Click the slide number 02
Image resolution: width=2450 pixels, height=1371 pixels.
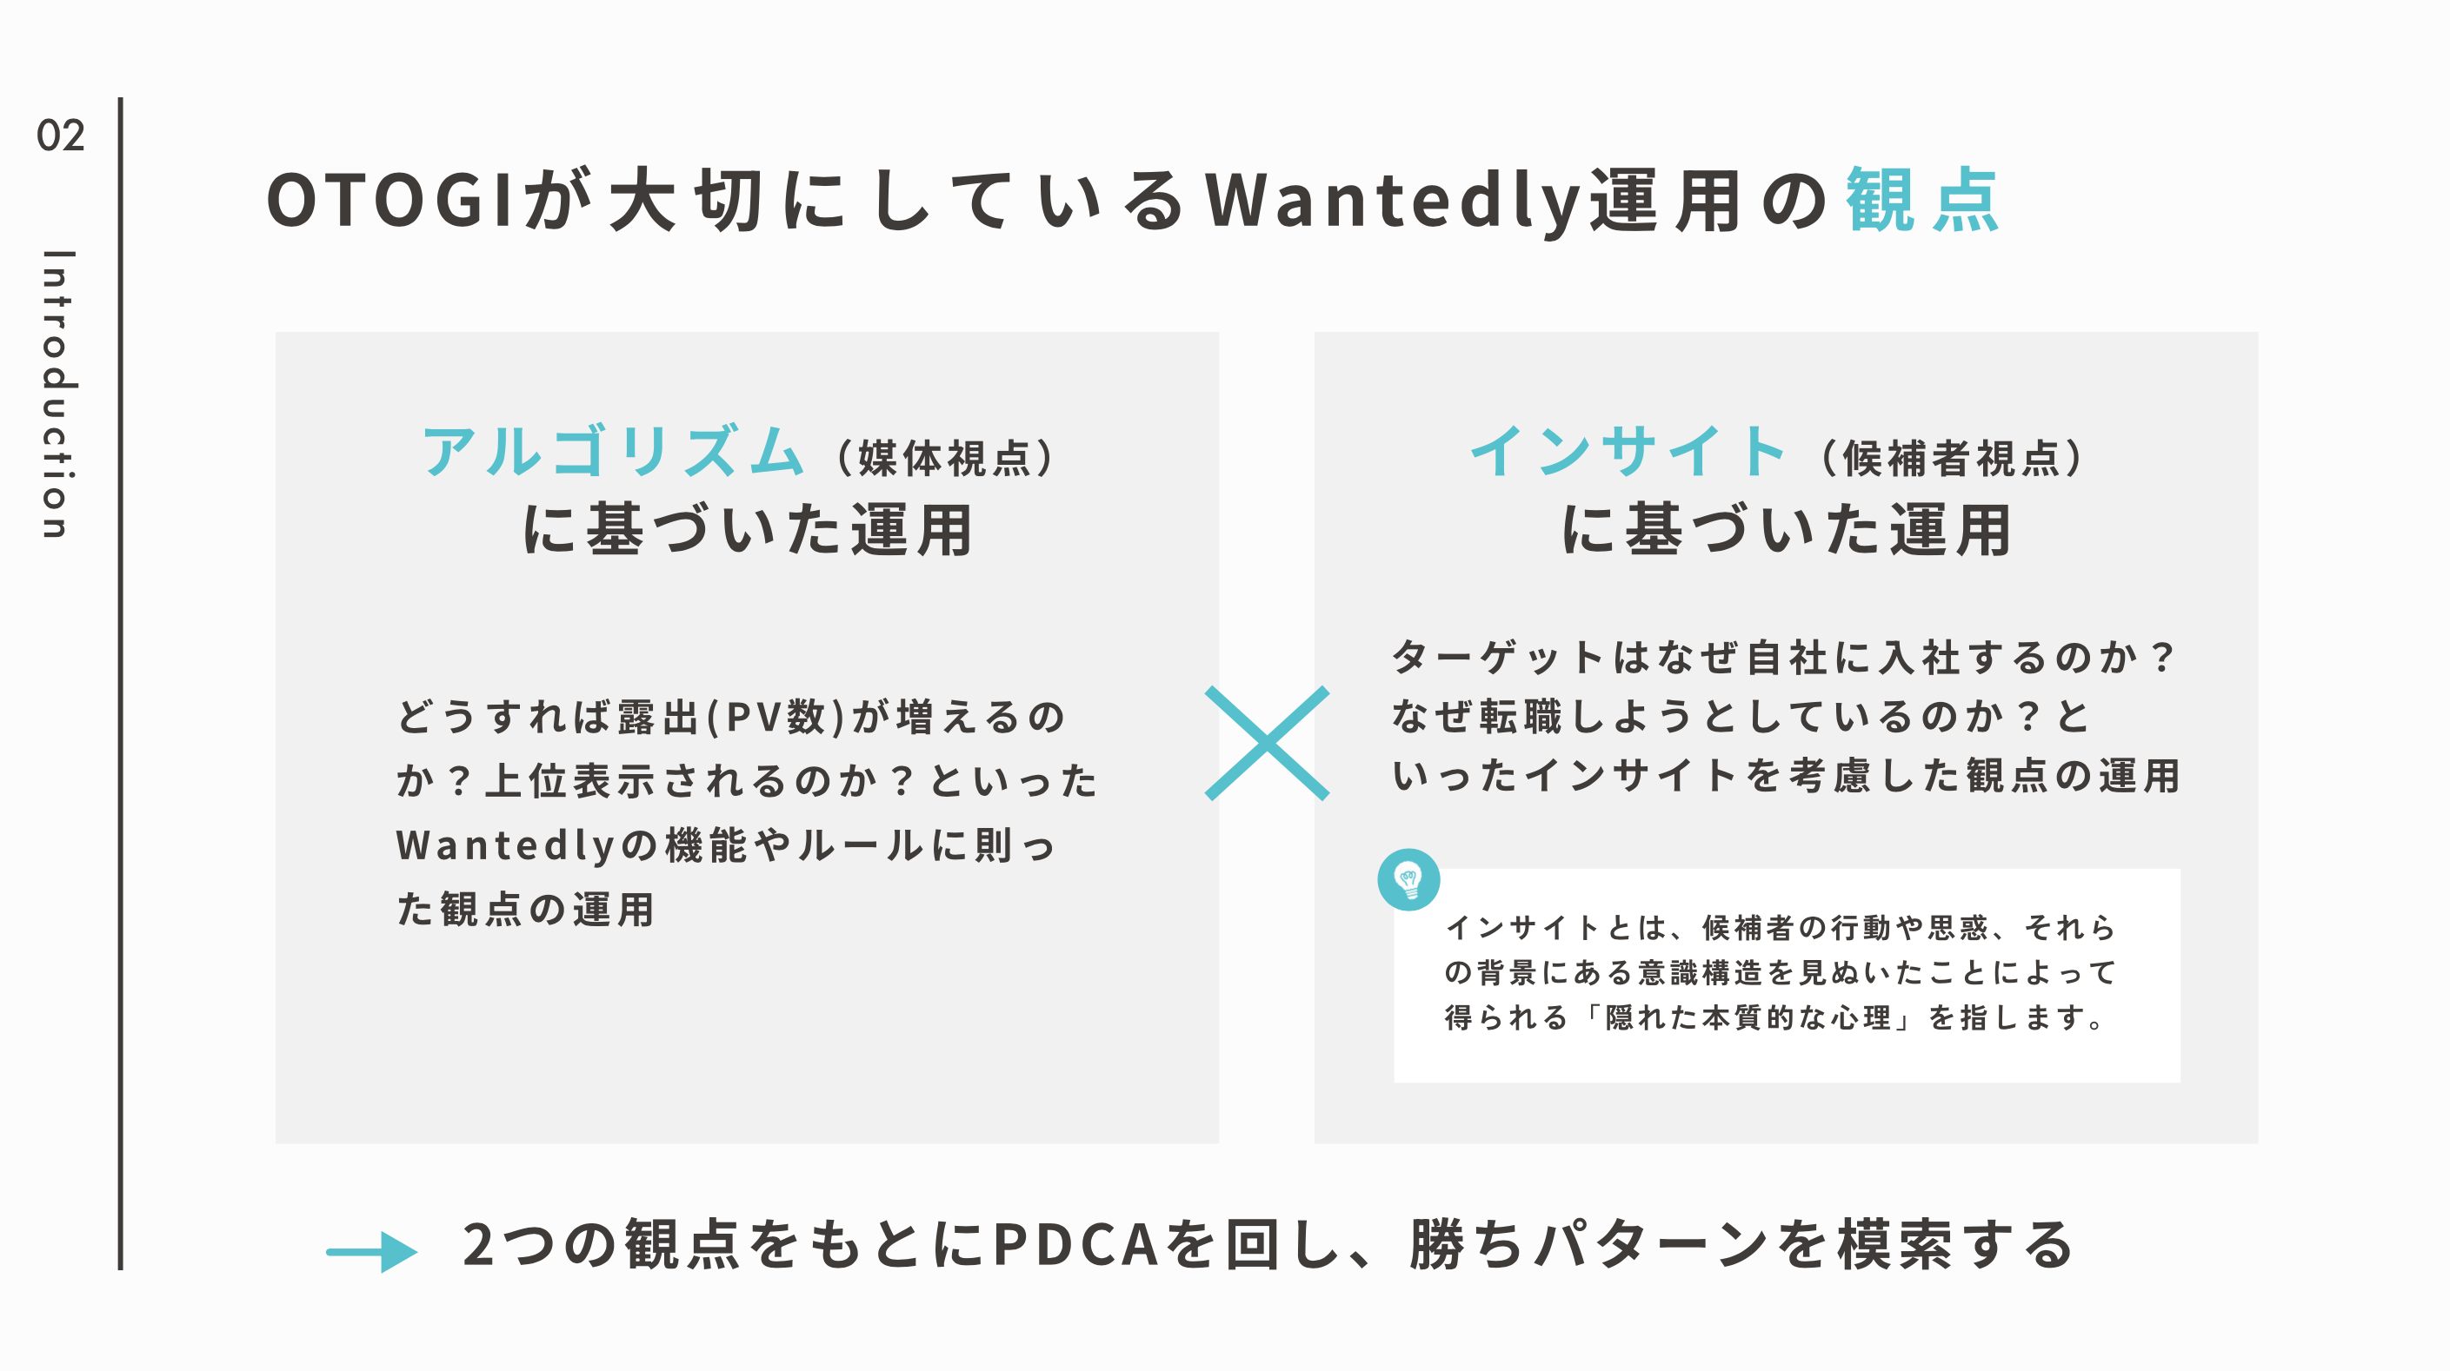pos(60,136)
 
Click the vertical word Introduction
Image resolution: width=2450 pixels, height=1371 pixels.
pos(58,394)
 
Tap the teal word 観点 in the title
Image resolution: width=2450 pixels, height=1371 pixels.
pos(1922,201)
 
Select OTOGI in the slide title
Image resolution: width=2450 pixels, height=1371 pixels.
pos(390,201)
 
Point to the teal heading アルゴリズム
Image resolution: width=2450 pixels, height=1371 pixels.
pos(614,452)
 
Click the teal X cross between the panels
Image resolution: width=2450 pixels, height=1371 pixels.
pos(1267,744)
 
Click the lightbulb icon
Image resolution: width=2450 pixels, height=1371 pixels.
pos(1408,879)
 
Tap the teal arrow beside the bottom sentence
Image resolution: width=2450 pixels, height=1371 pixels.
pos(372,1251)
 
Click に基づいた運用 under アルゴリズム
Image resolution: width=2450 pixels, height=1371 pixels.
pos(748,531)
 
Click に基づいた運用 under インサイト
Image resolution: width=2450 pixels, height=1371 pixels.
pos(1786,531)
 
